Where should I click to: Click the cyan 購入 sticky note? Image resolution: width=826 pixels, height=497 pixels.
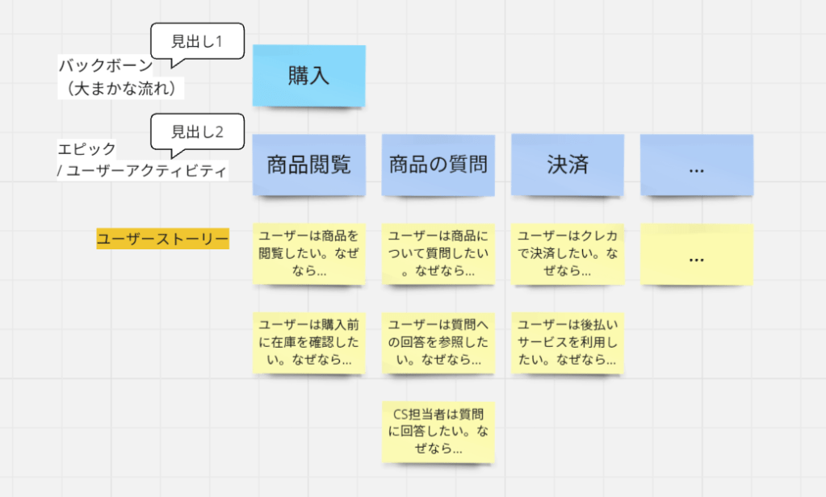point(308,75)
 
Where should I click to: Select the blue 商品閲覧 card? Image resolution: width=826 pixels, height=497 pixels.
point(308,165)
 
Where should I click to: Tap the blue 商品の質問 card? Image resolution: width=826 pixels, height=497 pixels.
point(438,165)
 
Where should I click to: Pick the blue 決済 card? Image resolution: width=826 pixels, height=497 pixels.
point(567,165)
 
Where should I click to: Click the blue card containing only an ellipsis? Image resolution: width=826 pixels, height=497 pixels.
point(696,165)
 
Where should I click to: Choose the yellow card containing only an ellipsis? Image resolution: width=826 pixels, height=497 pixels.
point(696,254)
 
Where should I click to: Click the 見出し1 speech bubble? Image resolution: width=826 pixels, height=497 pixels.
point(198,41)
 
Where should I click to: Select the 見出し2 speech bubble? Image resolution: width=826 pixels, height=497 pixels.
point(198,132)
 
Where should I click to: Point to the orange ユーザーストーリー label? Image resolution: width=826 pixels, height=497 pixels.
point(162,239)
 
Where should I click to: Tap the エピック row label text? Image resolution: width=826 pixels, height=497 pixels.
point(87,149)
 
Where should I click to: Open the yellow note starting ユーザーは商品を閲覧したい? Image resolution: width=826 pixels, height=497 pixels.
point(308,253)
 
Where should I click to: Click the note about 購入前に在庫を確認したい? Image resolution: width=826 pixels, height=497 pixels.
point(308,342)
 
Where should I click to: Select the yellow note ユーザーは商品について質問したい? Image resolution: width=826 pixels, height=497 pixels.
point(438,253)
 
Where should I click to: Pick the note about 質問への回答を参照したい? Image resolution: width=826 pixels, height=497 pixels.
point(438,342)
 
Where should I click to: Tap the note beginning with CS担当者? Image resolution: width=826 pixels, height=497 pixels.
point(438,432)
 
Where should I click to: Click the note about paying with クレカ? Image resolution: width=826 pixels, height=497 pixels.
point(567,253)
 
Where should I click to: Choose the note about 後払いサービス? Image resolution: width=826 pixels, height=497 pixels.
point(567,342)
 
